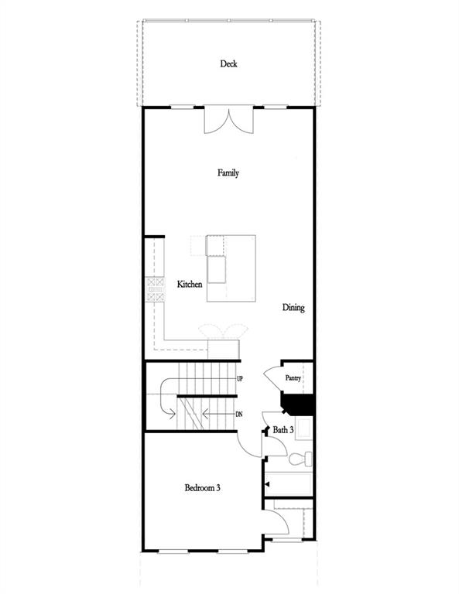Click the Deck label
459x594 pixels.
point(228,64)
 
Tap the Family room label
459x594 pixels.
point(228,173)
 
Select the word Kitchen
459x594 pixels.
point(190,285)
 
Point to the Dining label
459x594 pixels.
point(293,308)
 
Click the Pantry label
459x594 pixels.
point(293,378)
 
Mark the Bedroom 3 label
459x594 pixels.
point(203,488)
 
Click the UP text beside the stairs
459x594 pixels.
point(240,379)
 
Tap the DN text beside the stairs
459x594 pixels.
point(240,415)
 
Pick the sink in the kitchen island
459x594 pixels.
point(216,268)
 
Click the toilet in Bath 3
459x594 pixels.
point(300,459)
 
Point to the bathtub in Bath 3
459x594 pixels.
point(289,483)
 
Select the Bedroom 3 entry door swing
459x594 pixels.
point(249,444)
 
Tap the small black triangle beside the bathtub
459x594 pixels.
point(267,483)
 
